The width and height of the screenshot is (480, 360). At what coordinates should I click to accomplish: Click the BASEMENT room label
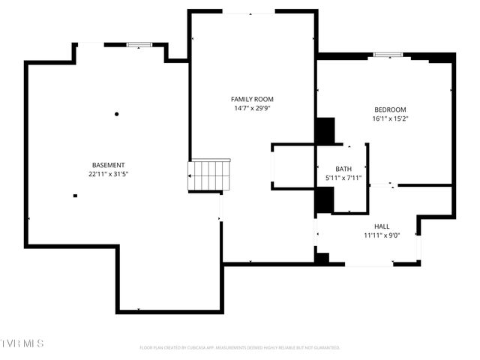click(x=108, y=165)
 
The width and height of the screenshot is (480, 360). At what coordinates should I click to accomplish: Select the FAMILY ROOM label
click(x=251, y=99)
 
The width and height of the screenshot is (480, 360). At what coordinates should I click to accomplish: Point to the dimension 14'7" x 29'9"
click(x=251, y=108)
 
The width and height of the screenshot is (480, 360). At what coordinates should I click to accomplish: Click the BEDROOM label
click(x=390, y=109)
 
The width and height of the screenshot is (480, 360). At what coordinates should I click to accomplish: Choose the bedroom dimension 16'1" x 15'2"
click(x=390, y=118)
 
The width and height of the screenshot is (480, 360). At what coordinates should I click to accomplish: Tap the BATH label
click(x=343, y=169)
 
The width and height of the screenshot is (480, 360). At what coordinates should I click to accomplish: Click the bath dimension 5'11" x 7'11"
click(x=343, y=178)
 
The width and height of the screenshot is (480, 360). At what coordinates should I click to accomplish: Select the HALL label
click(x=382, y=226)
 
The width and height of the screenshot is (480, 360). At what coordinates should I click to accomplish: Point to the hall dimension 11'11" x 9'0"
click(x=382, y=235)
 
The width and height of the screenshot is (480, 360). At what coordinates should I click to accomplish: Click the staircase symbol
click(x=209, y=175)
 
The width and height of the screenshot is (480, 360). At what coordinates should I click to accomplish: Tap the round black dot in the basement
click(x=116, y=114)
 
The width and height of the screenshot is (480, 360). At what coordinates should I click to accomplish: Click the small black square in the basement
click(x=75, y=196)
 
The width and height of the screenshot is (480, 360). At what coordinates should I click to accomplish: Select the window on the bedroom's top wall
click(x=387, y=55)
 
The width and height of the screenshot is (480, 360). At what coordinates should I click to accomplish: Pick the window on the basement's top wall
click(x=139, y=45)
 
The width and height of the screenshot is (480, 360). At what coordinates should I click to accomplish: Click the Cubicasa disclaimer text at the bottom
click(x=240, y=347)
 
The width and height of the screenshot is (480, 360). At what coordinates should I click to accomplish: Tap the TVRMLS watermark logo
click(x=22, y=343)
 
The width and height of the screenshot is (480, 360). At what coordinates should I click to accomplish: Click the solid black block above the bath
click(x=325, y=131)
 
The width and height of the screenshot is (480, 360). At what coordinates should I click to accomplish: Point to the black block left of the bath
click(x=324, y=200)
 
